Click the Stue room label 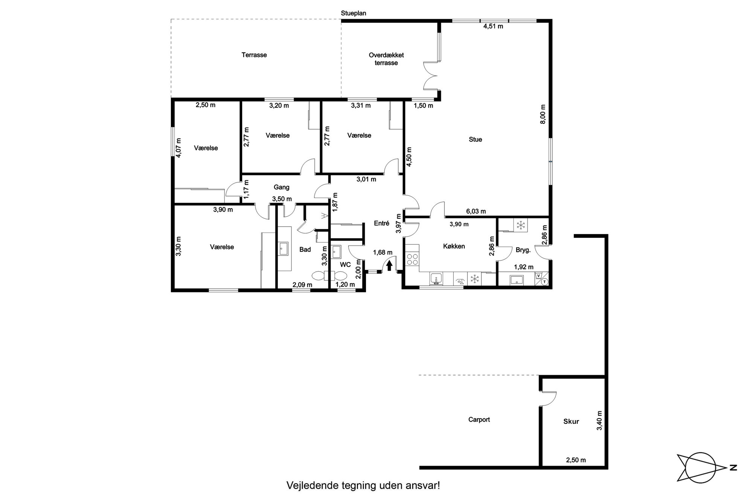pos(475,139)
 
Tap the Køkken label pos(454,246)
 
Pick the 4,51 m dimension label pos(493,26)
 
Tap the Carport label pos(479,419)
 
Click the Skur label pos(571,422)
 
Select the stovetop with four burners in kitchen pos(412,259)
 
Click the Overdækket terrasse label pos(386,59)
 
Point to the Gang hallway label pos(282,187)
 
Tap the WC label pos(345,265)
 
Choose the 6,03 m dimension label pos(476,212)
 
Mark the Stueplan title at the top pos(354,13)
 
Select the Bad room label pos(305,249)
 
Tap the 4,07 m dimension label pos(178,148)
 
